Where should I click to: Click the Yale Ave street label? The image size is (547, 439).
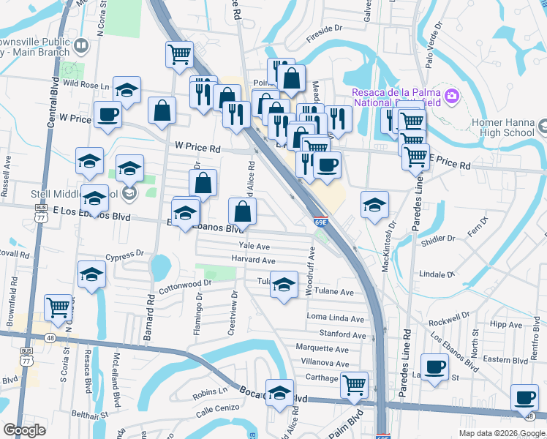tap(254, 247)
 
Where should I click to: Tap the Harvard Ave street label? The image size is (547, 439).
tap(253, 260)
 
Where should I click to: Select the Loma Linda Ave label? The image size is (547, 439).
tap(336, 318)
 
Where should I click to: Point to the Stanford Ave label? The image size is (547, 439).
tap(342, 335)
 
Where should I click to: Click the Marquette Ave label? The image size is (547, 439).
tap(322, 348)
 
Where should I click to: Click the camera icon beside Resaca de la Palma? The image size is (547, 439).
tap(451, 95)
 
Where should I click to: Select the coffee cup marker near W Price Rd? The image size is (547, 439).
tap(108, 116)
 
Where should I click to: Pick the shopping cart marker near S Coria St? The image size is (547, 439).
tap(58, 307)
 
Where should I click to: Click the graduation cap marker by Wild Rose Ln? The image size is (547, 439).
tap(127, 90)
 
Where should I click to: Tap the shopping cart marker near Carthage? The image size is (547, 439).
tap(354, 383)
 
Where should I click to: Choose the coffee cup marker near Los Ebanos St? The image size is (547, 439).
tap(435, 366)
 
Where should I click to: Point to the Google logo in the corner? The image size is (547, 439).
tap(24, 430)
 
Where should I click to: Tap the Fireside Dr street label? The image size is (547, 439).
tap(325, 32)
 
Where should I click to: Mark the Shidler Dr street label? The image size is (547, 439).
tap(438, 239)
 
